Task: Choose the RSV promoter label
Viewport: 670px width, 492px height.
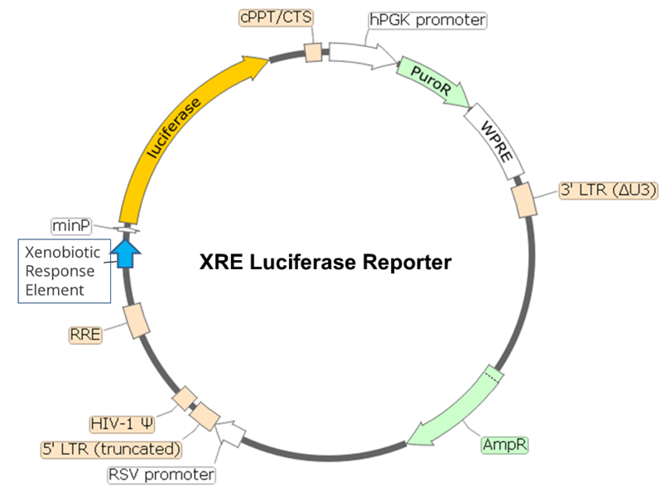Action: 161,475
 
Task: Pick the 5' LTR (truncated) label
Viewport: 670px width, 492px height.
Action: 112,449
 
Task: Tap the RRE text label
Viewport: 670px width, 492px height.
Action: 85,335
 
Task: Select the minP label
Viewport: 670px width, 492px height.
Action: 72,224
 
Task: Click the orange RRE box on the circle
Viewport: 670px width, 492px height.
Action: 134,320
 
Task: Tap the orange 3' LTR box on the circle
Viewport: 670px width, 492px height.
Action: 523,200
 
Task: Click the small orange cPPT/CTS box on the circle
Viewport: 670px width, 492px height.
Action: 313,52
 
